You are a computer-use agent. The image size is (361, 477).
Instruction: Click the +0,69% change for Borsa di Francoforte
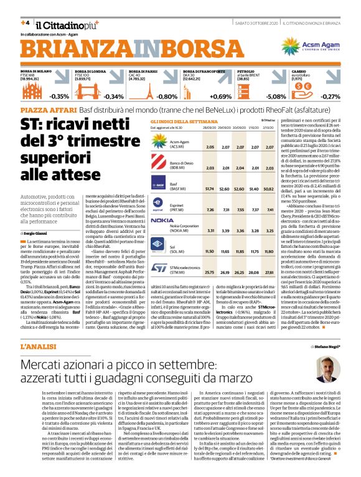coord(220,97)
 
